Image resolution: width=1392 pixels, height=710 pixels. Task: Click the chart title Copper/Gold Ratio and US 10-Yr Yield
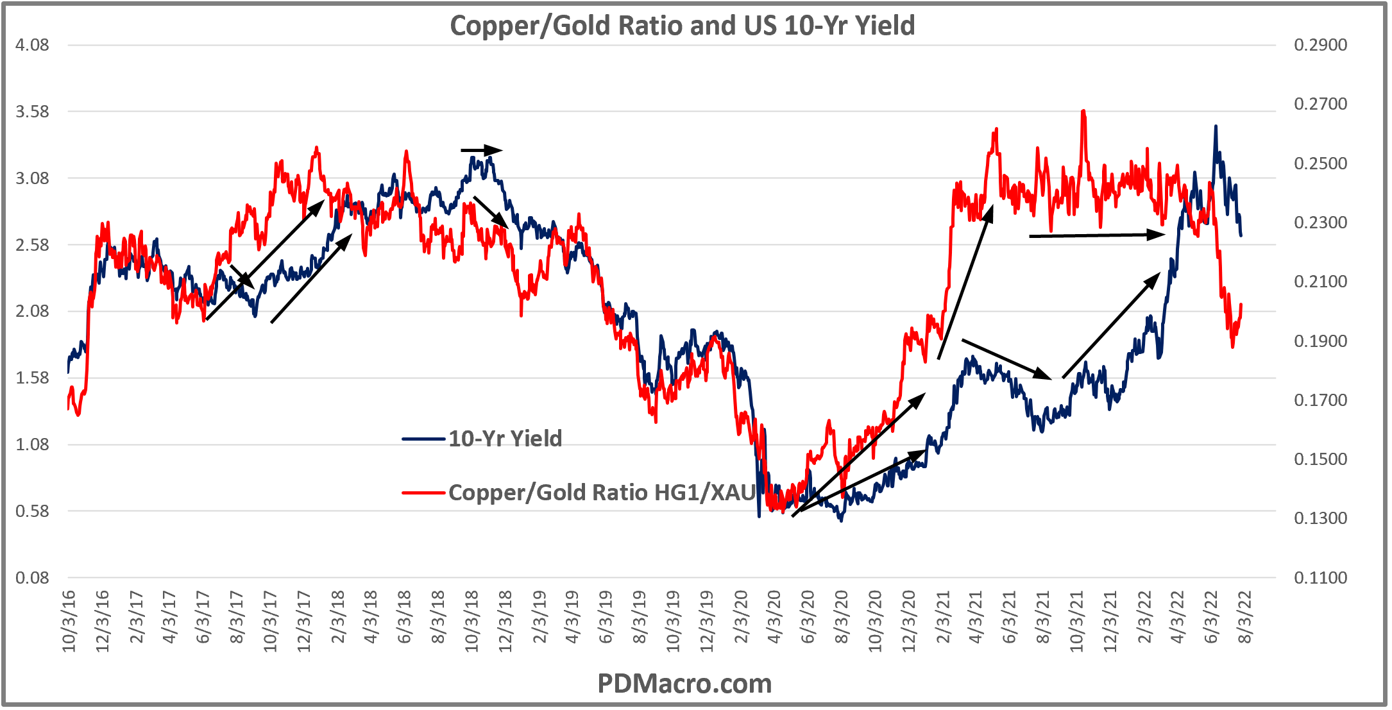click(x=682, y=26)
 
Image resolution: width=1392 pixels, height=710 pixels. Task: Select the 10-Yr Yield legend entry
click(x=504, y=439)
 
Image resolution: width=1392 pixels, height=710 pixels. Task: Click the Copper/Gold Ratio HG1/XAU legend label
click(x=602, y=493)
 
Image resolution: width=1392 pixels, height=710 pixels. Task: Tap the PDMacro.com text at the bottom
click(x=684, y=684)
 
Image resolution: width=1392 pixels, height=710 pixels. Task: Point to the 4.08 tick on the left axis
click(x=32, y=45)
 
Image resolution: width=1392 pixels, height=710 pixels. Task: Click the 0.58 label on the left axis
click(x=32, y=511)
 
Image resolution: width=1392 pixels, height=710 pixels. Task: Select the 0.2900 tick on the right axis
click(x=1320, y=45)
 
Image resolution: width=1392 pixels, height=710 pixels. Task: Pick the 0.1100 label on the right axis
click(x=1320, y=578)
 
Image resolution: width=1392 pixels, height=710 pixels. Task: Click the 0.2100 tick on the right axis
click(x=1320, y=282)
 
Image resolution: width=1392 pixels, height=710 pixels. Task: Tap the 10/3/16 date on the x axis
click(x=69, y=621)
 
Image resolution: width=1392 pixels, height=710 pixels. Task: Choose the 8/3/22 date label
click(x=1244, y=617)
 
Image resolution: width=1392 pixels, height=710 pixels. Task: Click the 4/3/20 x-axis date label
click(x=774, y=617)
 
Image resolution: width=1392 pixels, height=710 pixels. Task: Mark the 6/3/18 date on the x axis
click(x=404, y=617)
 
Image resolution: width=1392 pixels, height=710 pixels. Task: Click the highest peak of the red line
click(x=1083, y=112)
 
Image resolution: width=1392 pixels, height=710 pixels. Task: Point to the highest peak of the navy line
click(x=1215, y=127)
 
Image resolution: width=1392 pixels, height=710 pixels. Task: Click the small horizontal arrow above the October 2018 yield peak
click(x=481, y=151)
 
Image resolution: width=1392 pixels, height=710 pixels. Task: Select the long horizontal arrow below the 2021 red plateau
click(x=1097, y=235)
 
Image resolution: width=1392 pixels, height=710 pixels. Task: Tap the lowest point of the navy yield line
click(x=841, y=520)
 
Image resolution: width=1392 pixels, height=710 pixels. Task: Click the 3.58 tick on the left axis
click(x=32, y=112)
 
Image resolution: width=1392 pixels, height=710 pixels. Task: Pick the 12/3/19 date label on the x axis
click(x=706, y=621)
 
